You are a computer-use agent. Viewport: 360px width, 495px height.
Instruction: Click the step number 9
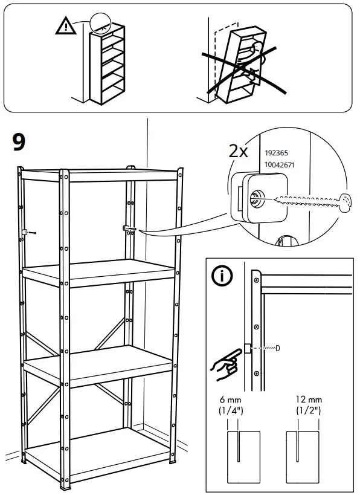tap(19, 142)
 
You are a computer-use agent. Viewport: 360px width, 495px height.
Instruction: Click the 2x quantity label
tap(239, 150)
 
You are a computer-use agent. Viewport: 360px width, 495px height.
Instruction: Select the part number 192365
tap(276, 154)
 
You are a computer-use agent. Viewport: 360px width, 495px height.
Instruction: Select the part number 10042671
tap(280, 165)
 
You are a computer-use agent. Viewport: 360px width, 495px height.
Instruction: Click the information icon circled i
tap(223, 276)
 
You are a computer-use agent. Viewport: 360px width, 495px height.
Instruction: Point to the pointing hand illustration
tap(222, 363)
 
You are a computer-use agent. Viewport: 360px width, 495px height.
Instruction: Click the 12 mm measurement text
tap(309, 401)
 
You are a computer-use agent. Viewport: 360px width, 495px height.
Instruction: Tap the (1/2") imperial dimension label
tap(309, 412)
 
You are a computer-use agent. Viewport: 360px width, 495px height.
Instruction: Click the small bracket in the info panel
tap(247, 349)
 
